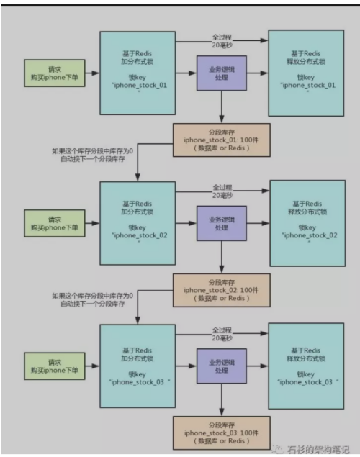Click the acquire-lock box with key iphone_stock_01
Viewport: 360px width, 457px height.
(x=137, y=73)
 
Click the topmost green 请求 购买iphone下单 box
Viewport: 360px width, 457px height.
(x=55, y=73)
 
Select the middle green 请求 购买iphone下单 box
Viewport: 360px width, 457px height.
(x=55, y=222)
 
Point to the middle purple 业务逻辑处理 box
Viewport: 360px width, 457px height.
(x=221, y=222)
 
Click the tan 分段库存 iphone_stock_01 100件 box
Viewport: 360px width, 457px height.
(x=221, y=140)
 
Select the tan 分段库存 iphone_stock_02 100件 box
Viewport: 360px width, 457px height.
(x=221, y=290)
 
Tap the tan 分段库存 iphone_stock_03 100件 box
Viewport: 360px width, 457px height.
(x=221, y=433)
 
